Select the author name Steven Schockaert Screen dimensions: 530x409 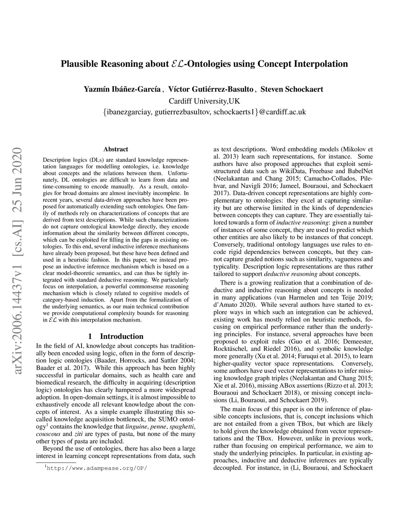point(292,89)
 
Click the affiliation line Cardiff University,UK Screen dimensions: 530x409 point(204,100)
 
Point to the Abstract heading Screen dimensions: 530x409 point(115,149)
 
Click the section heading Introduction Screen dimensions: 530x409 point(121,336)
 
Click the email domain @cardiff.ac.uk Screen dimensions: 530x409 point(282,112)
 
